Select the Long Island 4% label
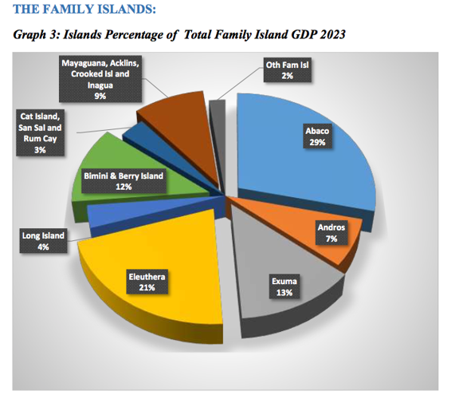pyautogui.click(x=43, y=241)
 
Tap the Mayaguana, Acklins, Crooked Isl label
pyautogui.click(x=100, y=78)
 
